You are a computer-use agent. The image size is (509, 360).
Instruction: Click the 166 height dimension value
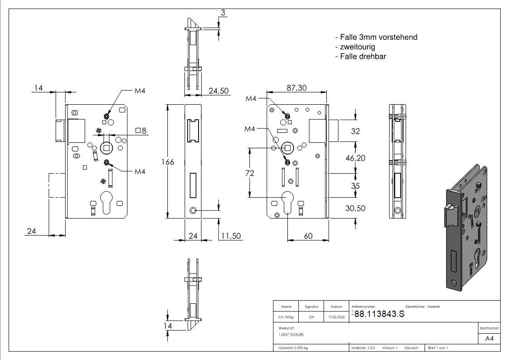tap(168, 162)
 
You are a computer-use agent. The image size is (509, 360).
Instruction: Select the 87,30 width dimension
tap(297, 88)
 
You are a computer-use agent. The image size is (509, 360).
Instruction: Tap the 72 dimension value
tap(248, 173)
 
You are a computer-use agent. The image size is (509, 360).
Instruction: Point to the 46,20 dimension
tap(355, 158)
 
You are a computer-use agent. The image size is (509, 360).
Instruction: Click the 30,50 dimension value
tap(355, 208)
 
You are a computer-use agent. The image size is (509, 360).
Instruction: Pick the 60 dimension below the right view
tap(308, 236)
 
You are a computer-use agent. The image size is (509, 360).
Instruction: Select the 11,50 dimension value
tap(231, 236)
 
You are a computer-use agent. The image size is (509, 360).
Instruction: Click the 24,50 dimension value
tap(218, 91)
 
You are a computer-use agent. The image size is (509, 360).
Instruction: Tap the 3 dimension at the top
tap(223, 13)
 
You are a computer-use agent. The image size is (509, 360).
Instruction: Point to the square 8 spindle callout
tap(141, 131)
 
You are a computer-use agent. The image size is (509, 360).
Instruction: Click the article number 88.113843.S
tap(379, 314)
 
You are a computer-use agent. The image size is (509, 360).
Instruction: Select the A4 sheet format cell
tap(490, 339)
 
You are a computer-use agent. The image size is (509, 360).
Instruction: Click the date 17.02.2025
tap(336, 317)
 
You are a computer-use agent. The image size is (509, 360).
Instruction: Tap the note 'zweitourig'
tap(355, 47)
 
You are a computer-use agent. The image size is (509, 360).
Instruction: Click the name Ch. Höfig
tap(286, 317)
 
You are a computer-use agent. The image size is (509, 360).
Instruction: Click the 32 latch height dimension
tap(355, 131)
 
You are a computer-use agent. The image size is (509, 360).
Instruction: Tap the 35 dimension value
tap(355, 185)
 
